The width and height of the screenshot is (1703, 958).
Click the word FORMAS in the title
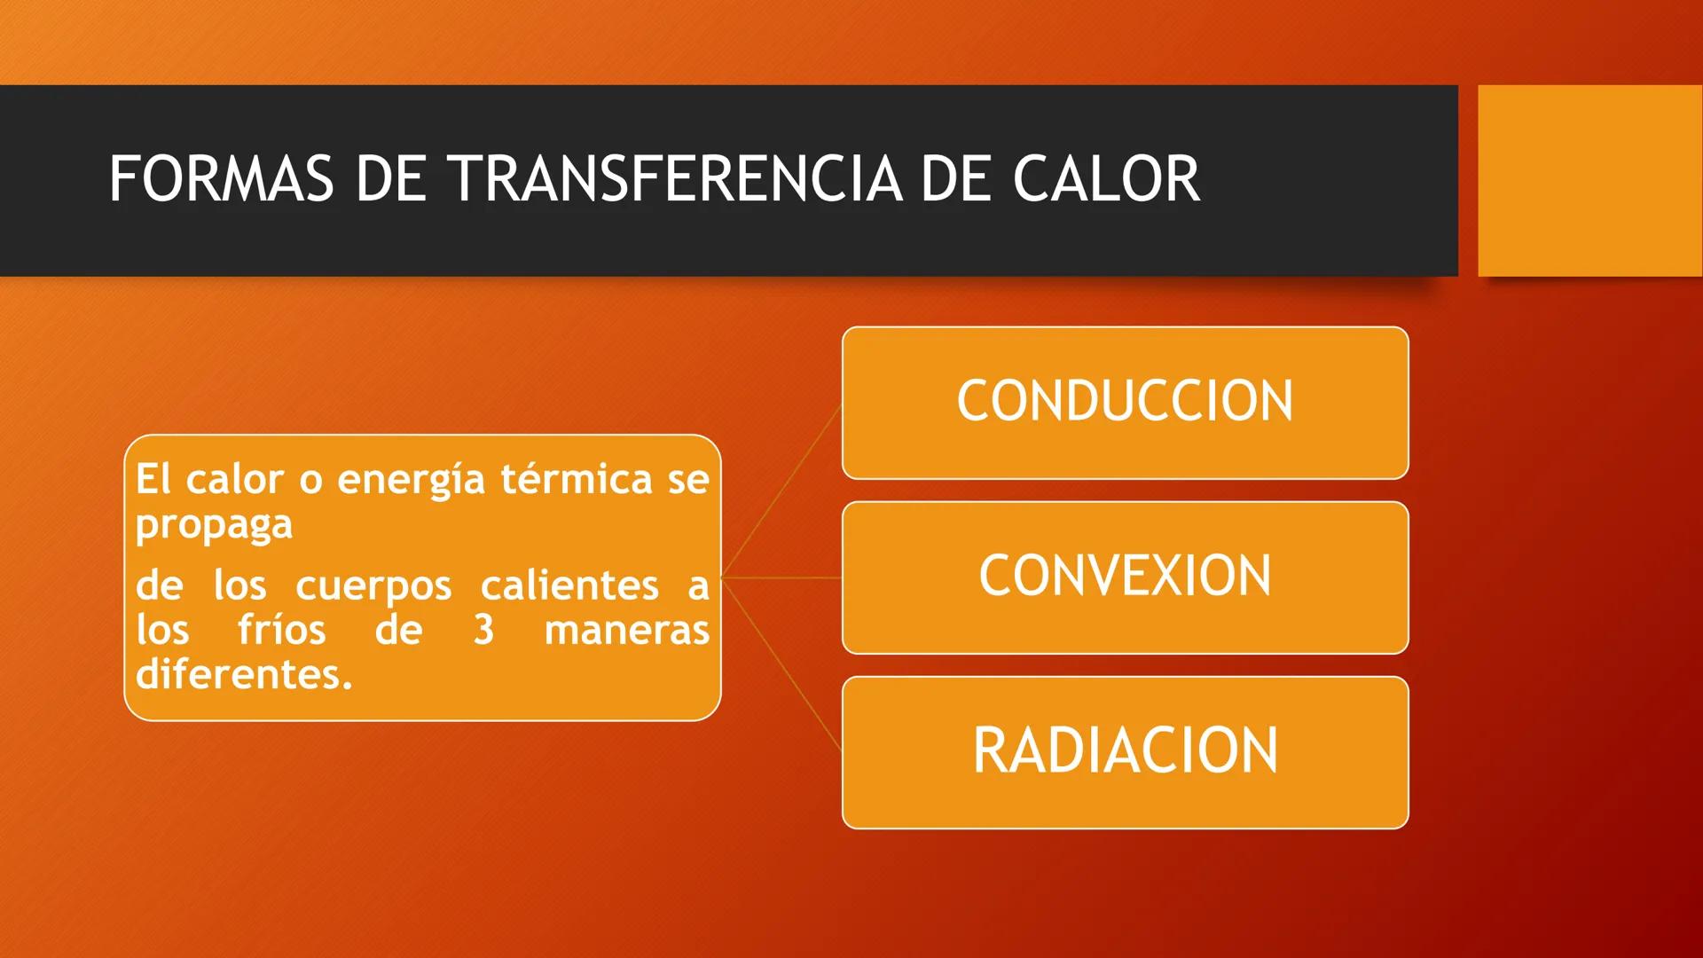pos(221,179)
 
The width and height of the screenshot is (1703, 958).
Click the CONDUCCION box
pos(1125,402)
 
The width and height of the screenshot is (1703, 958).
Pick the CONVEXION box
pos(1125,577)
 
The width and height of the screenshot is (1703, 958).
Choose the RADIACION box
pos(1125,751)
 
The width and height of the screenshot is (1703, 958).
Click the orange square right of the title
pos(1589,180)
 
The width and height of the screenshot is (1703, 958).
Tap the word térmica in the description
pos(577,480)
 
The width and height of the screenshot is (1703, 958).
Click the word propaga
pos(214,524)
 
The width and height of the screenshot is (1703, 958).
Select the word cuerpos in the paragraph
pos(373,586)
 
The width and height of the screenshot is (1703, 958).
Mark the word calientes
pos(569,585)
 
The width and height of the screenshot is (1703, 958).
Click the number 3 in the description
pos(483,630)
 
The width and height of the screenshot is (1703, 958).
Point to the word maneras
pos(626,630)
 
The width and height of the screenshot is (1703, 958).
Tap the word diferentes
pos(244,674)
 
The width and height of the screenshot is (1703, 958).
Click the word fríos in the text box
pos(281,630)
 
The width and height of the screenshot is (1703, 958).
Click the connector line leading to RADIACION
pos(782,664)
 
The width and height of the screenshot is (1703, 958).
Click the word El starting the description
pos(153,480)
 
